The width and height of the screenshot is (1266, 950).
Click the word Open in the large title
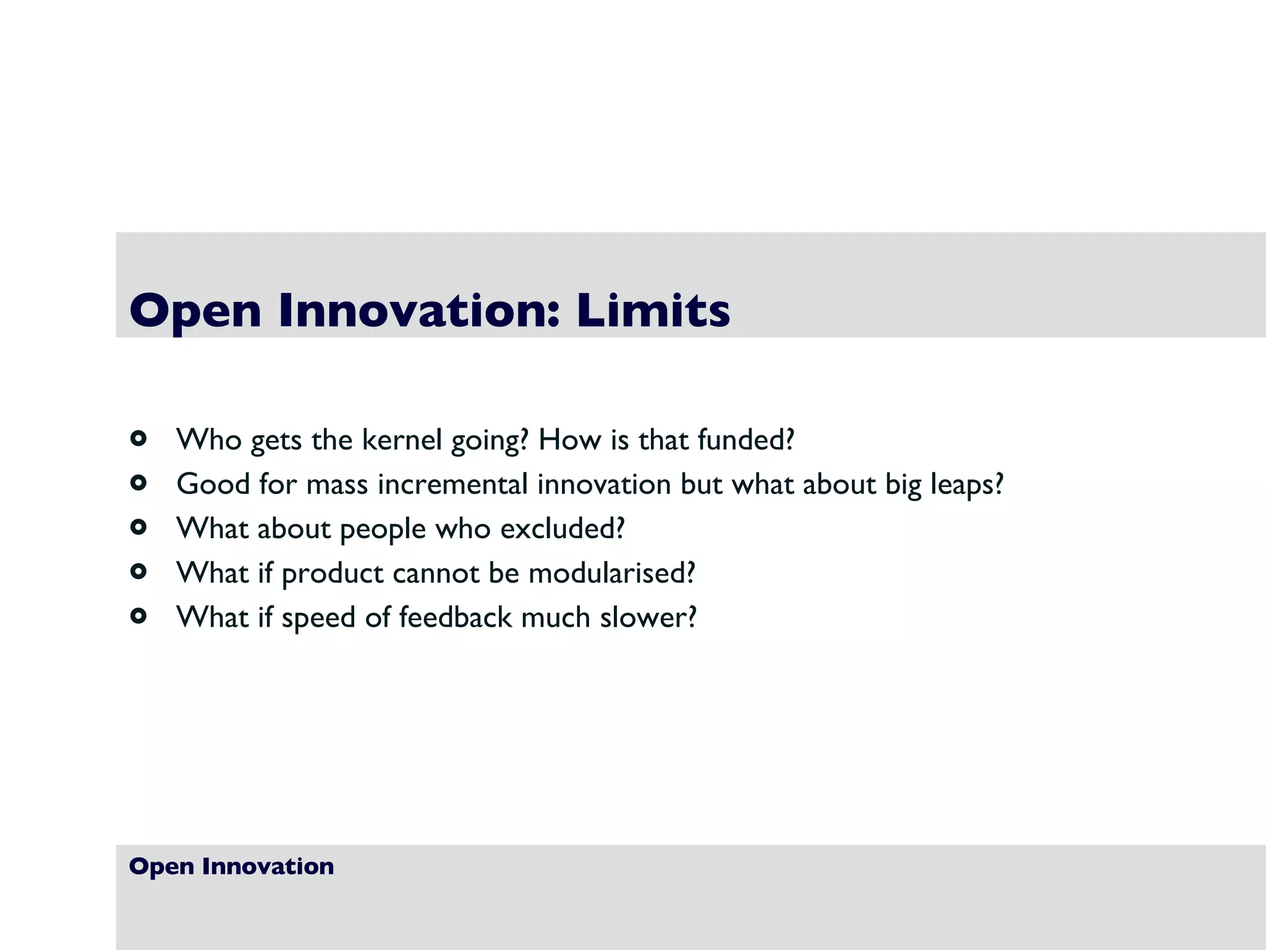pos(195,311)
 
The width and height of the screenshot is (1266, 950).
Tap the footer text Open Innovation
pos(231,866)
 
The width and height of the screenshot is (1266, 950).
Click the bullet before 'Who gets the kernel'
pos(138,439)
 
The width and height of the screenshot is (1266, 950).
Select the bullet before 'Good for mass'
pos(138,483)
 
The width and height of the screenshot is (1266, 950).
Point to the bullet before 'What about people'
pos(138,528)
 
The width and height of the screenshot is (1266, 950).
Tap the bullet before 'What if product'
pos(138,571)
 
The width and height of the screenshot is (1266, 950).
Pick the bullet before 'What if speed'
pos(138,616)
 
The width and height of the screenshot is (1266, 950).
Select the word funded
pos(744,440)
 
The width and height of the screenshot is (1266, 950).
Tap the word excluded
pos(561,529)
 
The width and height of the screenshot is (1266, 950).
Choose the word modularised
pos(611,573)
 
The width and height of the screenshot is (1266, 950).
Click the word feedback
pos(455,617)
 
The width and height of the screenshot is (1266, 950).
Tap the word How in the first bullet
pos(569,440)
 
